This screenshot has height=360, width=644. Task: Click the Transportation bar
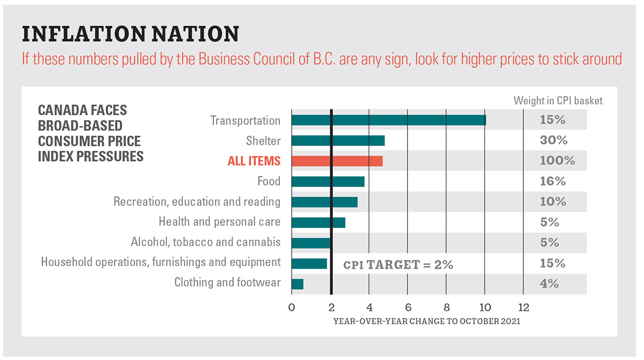pos(388,120)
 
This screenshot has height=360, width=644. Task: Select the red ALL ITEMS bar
pos(337,161)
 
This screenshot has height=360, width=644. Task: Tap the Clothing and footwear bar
pos(297,284)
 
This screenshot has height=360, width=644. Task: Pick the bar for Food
pos(328,182)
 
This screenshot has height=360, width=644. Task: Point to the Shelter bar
pos(338,141)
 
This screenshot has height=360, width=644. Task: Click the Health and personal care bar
pos(318,222)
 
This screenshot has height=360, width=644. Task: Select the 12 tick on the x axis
pos(523,308)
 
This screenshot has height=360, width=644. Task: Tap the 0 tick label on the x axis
pos(292,308)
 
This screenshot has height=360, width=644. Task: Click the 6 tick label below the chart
pos(407,308)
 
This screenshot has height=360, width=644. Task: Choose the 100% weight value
pos(557,161)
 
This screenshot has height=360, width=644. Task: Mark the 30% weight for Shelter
pos(553,141)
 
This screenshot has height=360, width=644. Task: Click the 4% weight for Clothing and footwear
pos(549,284)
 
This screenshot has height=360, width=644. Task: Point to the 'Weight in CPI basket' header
pos(558,101)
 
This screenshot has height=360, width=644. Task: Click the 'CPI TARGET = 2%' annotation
pos(398,264)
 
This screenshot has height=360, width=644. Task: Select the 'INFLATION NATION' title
pos(131,34)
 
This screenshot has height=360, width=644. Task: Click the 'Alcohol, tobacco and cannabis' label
pos(206,243)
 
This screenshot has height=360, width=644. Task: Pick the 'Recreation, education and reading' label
pos(197,202)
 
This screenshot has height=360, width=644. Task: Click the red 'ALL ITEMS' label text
pos(254,161)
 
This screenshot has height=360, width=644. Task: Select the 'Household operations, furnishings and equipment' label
pos(161,262)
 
